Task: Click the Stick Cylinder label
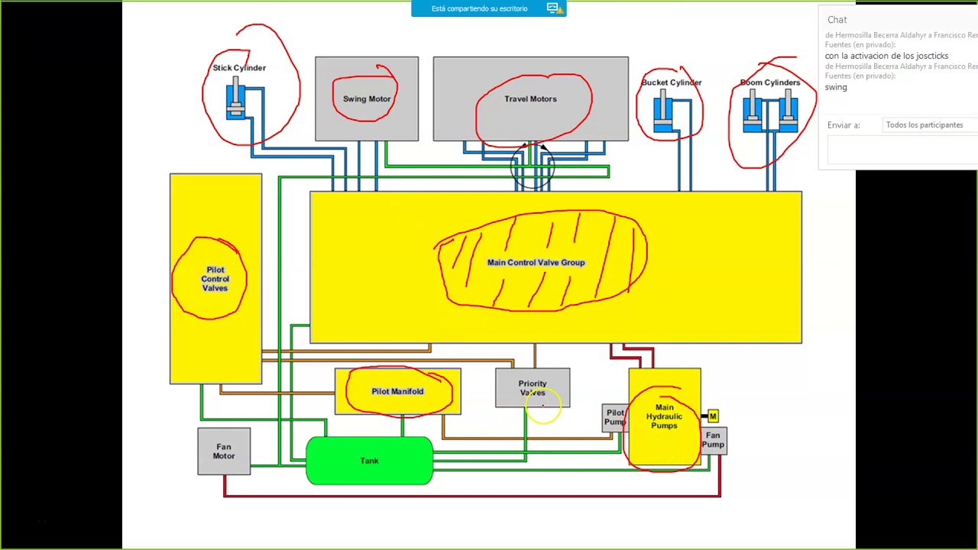click(x=239, y=68)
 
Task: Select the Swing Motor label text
click(x=367, y=99)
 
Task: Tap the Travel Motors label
click(x=530, y=99)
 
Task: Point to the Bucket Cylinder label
click(x=672, y=82)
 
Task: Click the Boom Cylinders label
click(x=769, y=82)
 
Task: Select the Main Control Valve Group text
click(x=536, y=263)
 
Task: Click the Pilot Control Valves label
click(x=215, y=279)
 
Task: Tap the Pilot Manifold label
click(x=397, y=391)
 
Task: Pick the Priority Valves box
click(x=533, y=388)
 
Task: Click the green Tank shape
click(x=369, y=461)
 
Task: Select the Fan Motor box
click(x=224, y=451)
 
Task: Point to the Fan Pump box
click(x=714, y=441)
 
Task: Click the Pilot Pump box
click(x=614, y=418)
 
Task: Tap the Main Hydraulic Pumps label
click(x=664, y=416)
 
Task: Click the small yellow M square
click(x=713, y=416)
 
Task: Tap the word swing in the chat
click(x=836, y=87)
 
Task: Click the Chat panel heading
click(x=837, y=20)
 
